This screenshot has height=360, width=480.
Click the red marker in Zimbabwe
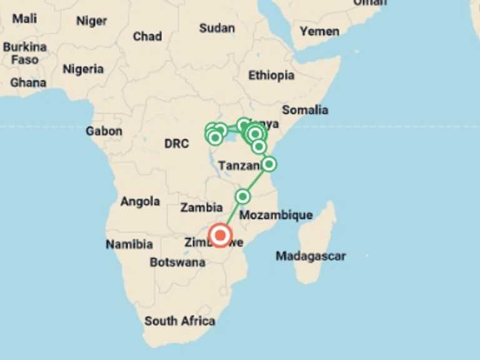(x=220, y=235)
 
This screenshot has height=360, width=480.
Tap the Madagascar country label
(x=311, y=256)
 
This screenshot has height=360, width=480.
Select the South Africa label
(x=179, y=321)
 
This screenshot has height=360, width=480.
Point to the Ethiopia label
(x=271, y=75)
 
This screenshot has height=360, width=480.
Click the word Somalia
(x=305, y=110)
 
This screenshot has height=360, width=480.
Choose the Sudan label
(x=217, y=28)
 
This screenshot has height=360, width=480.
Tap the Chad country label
(x=147, y=36)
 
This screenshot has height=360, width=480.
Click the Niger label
(x=92, y=21)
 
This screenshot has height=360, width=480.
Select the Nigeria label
(x=83, y=69)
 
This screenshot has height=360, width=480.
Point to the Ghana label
(x=28, y=82)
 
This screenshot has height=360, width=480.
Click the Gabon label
(x=104, y=131)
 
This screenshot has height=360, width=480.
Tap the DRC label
(x=176, y=144)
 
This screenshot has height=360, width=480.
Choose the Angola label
(x=140, y=201)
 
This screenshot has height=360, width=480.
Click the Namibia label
(x=129, y=244)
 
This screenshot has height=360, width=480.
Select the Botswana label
(x=177, y=262)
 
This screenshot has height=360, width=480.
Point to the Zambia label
(x=201, y=207)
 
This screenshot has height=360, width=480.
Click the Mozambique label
(x=276, y=215)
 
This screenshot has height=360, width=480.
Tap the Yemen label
(x=319, y=31)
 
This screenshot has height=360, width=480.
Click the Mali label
(x=24, y=18)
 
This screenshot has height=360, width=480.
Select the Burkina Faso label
(x=24, y=53)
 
